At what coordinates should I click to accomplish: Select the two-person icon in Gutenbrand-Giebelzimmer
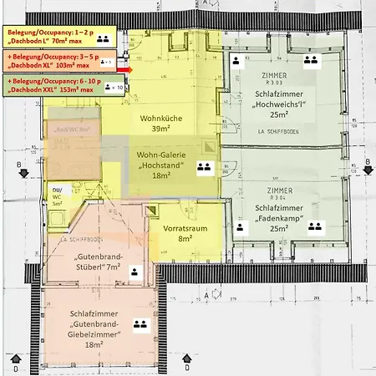click(140, 323)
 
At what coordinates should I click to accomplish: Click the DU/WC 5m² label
click(58, 196)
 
